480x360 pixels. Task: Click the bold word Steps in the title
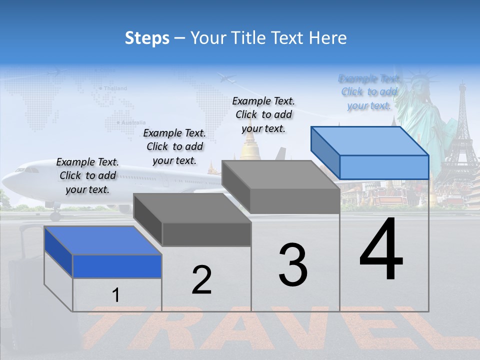147,38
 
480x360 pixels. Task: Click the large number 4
381,250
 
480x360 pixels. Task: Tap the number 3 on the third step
293,265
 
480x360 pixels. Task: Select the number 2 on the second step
202,280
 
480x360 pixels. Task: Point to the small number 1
116,295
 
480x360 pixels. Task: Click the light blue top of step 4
369,140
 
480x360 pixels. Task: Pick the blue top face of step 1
103,240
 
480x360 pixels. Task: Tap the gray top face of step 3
280,175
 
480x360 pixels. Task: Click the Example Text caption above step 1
87,175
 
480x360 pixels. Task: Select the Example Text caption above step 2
174,146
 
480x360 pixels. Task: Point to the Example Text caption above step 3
263,114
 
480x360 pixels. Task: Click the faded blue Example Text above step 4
369,92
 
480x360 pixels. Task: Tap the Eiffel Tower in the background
461,135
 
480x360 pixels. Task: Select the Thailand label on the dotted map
115,88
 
